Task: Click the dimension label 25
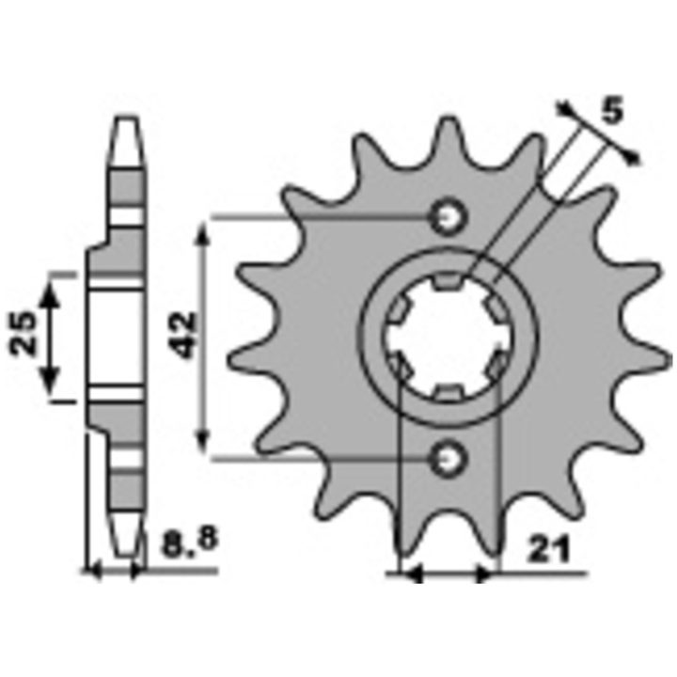[23, 333]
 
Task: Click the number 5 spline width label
[612, 110]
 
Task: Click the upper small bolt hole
[449, 217]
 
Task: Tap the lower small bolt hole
[449, 459]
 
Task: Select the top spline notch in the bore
[448, 280]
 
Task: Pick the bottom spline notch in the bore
[448, 392]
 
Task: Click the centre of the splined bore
[448, 337]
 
